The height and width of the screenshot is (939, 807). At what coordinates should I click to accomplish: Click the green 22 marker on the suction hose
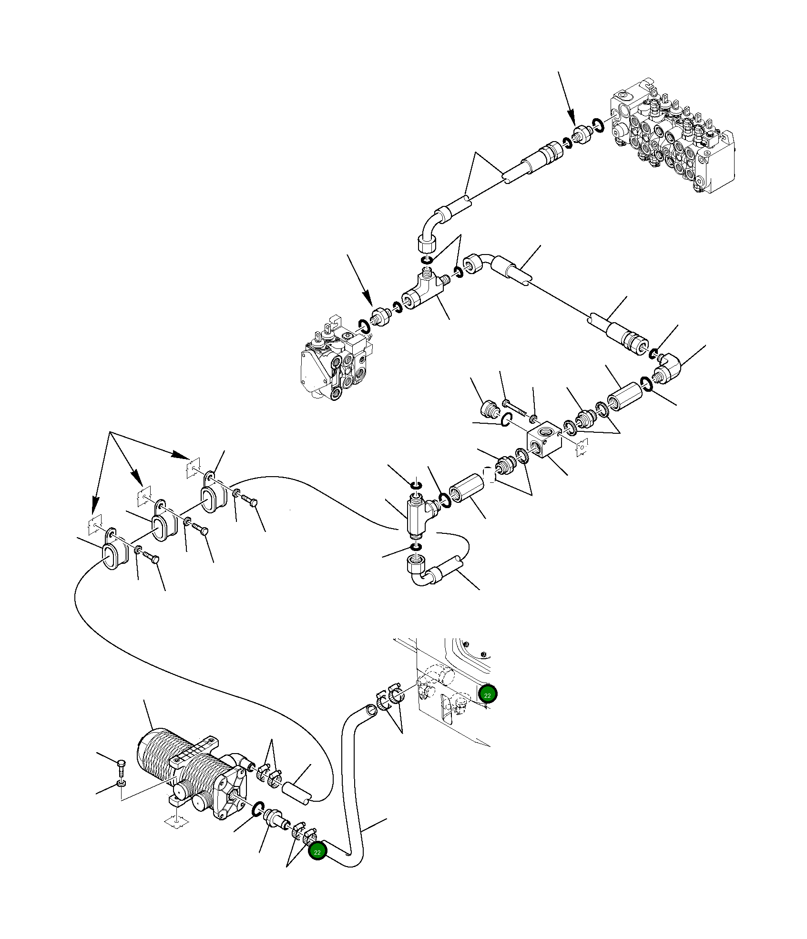[x=317, y=852]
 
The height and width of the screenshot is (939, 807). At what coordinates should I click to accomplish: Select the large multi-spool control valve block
[x=672, y=138]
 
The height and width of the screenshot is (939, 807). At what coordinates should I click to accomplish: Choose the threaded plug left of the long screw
[x=490, y=409]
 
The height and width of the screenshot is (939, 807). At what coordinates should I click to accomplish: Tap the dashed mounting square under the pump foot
[x=176, y=822]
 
